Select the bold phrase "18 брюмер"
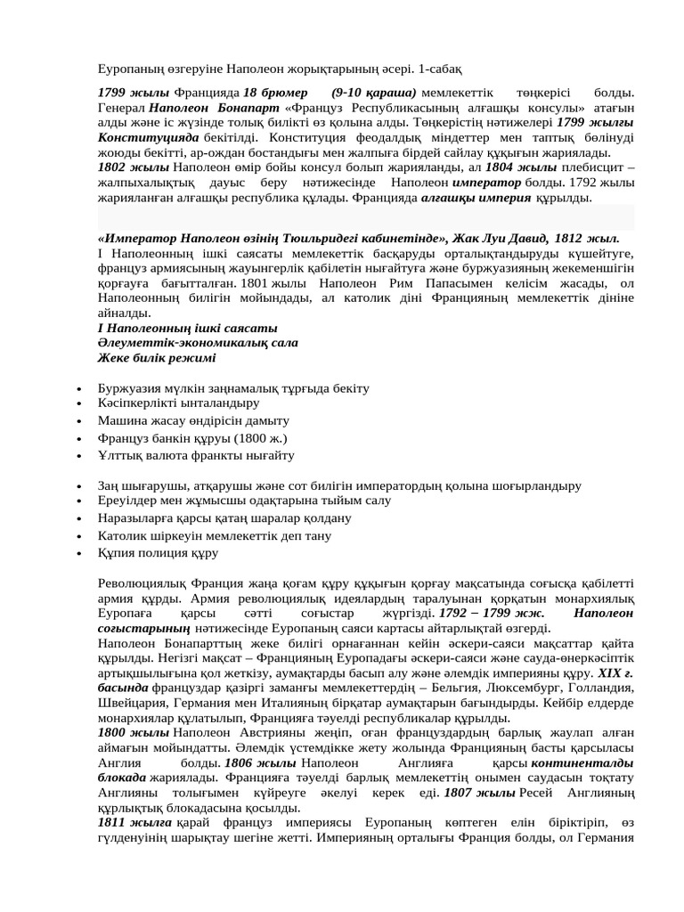pyautogui.click(x=275, y=93)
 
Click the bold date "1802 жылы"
pyautogui.click(x=133, y=167)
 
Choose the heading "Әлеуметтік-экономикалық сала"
pyautogui.click(x=197, y=343)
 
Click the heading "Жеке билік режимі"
pyautogui.click(x=157, y=358)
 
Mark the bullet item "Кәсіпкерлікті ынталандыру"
pyautogui.click(x=166, y=403)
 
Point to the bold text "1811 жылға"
pyautogui.click(x=134, y=824)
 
